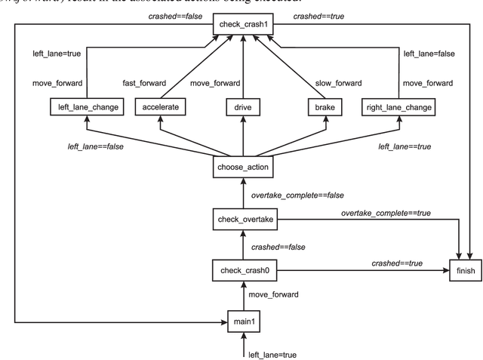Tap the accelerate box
tap(160, 108)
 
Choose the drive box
tap(242, 108)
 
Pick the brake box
tap(324, 108)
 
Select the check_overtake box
tap(242, 220)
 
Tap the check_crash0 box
tap(242, 270)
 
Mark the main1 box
tap(242, 322)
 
